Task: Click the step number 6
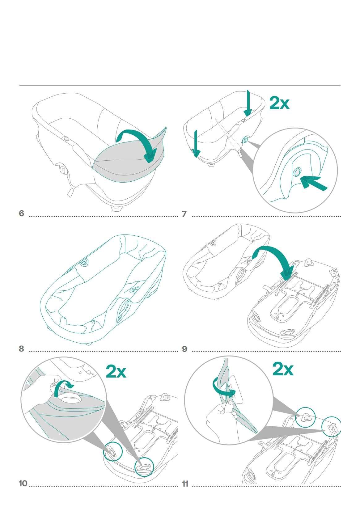pos(21,213)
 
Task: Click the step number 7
pos(184,214)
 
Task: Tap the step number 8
pos(21,348)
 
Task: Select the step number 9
pos(184,349)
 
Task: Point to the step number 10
pos(23,484)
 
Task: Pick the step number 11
pos(185,484)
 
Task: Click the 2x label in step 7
pos(279,103)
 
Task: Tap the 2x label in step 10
pos(116,372)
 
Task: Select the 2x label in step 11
pos(283,369)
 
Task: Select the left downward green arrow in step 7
pos(196,144)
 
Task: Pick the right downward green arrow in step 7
pos(248,103)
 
